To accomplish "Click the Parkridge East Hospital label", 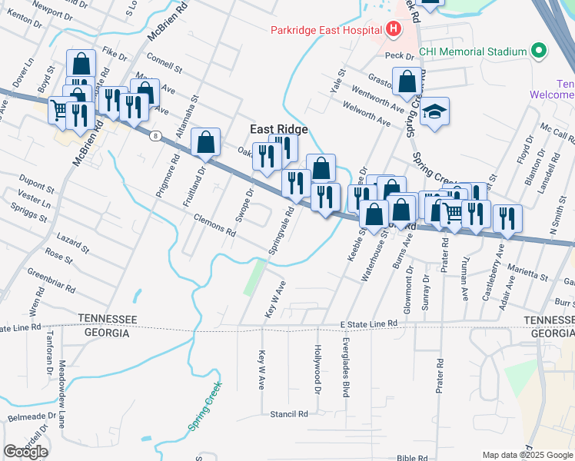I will [326, 30].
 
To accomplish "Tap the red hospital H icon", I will [394, 30].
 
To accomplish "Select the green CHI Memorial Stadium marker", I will [538, 51].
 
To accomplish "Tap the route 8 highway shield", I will [156, 136].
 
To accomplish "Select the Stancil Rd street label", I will [288, 413].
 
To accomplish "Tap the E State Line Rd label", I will [369, 325].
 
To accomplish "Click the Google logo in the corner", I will [25, 452].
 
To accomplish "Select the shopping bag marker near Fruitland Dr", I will [205, 141].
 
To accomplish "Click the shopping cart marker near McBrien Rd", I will [59, 110].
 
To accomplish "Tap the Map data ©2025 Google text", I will [527, 455].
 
